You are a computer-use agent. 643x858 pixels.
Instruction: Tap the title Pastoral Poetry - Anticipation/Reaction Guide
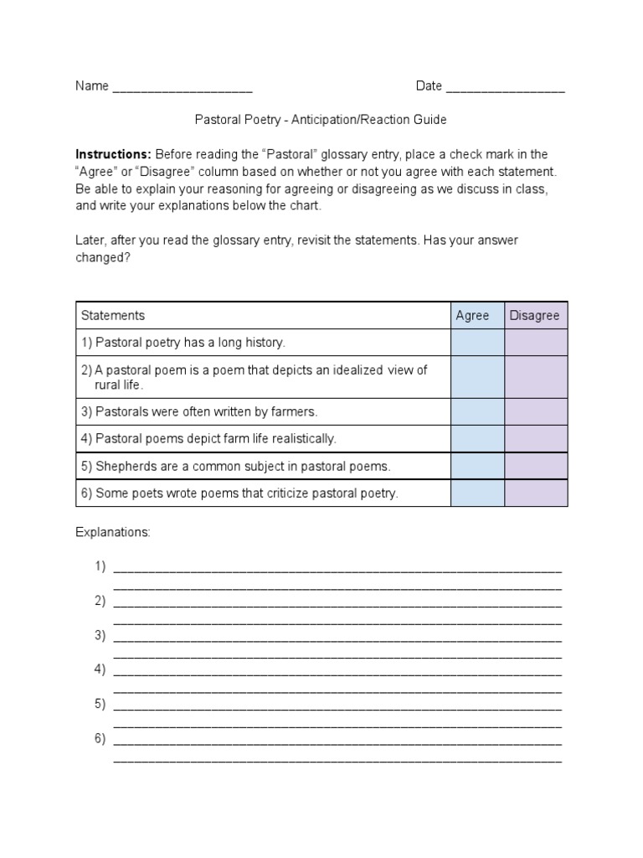coord(321,120)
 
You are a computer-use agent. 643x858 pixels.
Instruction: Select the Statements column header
coord(113,316)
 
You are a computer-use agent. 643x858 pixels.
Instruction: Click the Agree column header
coord(472,316)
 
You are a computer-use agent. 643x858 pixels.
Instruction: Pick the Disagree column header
coord(534,316)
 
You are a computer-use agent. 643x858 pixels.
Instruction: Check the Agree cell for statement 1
coord(477,343)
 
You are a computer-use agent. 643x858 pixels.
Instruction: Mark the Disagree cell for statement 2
coord(536,377)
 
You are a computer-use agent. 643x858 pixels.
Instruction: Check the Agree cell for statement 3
coord(477,411)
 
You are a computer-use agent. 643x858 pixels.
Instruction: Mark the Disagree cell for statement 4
coord(536,438)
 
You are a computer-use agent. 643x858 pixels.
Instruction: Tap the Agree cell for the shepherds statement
coord(477,466)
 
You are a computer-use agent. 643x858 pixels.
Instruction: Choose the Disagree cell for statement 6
coord(536,493)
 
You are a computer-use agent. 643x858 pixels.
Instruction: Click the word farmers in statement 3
coord(295,411)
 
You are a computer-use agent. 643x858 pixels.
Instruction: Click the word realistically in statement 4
coord(301,438)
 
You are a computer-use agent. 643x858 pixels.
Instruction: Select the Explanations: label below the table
coord(113,532)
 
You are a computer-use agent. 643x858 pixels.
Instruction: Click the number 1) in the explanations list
coord(100,566)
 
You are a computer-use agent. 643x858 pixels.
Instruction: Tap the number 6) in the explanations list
coord(100,738)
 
